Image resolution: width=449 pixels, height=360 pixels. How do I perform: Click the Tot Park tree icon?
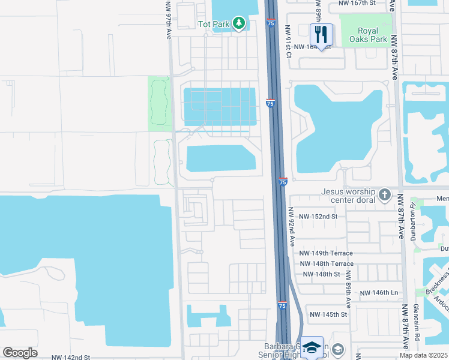[240, 23]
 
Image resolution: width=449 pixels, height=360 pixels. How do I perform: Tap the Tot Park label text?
[214, 24]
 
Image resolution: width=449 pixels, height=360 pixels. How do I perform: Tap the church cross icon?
[385, 195]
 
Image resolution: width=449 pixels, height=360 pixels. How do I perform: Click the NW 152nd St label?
[318, 216]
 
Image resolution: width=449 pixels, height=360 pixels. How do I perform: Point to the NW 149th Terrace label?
[327, 253]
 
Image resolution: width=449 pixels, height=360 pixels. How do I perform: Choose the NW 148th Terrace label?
[327, 263]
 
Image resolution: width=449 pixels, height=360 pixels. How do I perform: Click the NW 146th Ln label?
[379, 292]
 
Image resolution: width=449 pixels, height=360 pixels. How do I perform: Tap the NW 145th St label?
[328, 314]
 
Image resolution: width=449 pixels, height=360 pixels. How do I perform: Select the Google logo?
[20, 353]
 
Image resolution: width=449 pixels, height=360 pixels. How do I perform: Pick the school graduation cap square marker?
[312, 347]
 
